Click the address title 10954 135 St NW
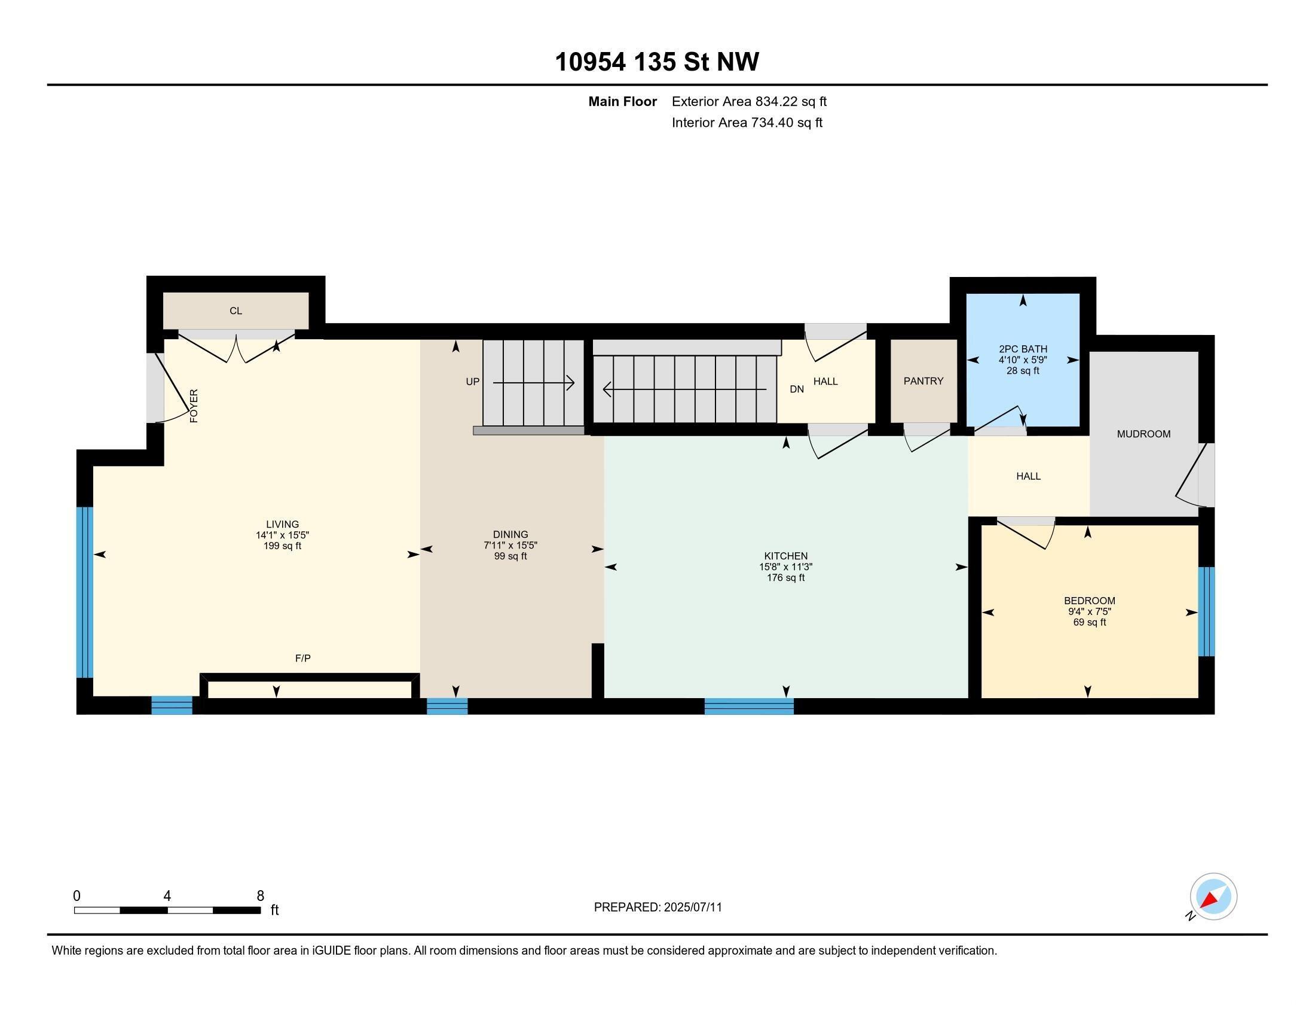(x=657, y=62)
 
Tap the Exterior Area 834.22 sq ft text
(x=749, y=101)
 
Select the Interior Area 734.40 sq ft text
(x=747, y=122)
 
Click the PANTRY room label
(x=923, y=380)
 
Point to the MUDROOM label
(x=1143, y=434)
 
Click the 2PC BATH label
(x=1023, y=349)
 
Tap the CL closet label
(x=236, y=311)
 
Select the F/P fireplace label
(x=303, y=659)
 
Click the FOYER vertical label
(x=194, y=406)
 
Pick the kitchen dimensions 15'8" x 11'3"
(x=786, y=567)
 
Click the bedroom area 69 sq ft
(x=1089, y=622)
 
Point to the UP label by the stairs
(x=473, y=382)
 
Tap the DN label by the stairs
(x=797, y=389)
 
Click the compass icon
(x=1213, y=897)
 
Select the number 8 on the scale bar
(x=260, y=896)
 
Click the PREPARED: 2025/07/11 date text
(x=657, y=908)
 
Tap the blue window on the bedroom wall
(x=1206, y=611)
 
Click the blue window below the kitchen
(x=749, y=706)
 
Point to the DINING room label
(x=510, y=534)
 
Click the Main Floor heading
(x=622, y=101)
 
